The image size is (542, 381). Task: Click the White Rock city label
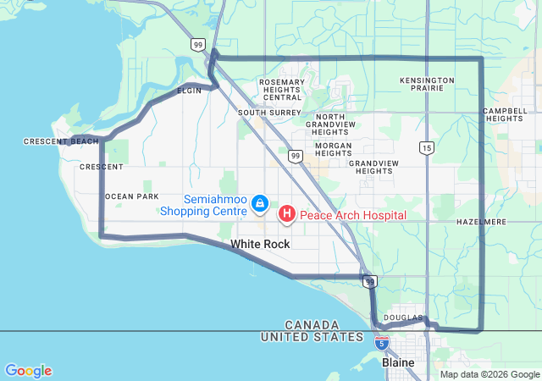coord(259,244)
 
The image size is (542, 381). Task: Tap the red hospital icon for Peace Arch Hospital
coord(287,214)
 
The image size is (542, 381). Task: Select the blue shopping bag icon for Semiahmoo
coord(260,204)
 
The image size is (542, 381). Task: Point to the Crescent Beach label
coord(61,141)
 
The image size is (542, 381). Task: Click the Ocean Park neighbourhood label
coord(131,196)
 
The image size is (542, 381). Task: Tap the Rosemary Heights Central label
coord(281,90)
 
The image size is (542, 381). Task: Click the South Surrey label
coord(263,112)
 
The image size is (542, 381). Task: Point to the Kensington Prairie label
coord(427,86)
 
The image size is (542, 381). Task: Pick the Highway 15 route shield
coord(426,148)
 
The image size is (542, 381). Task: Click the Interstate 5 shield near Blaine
coord(382,343)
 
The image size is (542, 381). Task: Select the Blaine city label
coord(398,362)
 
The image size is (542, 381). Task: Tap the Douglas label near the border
coord(401,317)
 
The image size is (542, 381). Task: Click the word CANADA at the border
coord(312,325)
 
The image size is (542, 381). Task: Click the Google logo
coord(28,371)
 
